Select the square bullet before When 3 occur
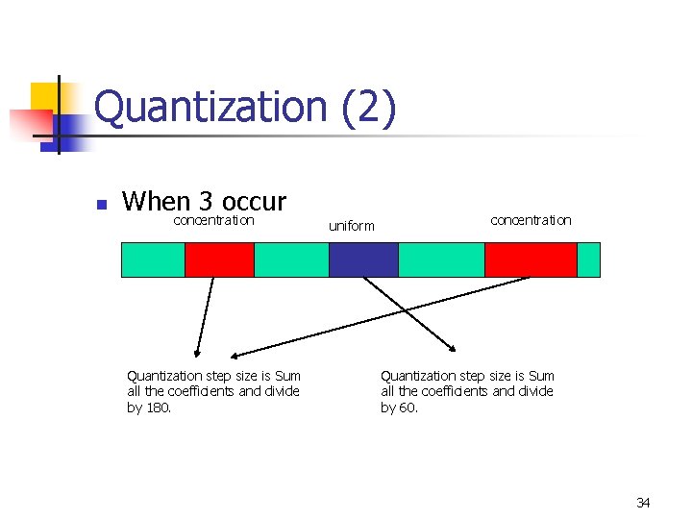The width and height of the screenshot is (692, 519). [x=99, y=204]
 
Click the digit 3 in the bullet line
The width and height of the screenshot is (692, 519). [x=206, y=202]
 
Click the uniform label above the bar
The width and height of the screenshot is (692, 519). [x=352, y=227]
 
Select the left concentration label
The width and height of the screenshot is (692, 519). [x=213, y=220]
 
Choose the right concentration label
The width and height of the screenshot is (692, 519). [x=531, y=220]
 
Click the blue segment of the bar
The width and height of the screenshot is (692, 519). [x=363, y=259]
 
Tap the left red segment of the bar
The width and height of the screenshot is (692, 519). [x=219, y=259]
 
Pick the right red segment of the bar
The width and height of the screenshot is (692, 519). [x=531, y=259]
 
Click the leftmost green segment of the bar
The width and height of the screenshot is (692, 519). [x=153, y=259]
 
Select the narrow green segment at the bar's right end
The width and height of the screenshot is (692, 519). [x=588, y=259]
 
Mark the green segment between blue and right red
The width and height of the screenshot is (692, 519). [x=441, y=259]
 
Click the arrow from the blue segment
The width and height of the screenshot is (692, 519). [x=408, y=313]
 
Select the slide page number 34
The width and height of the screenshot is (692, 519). [x=643, y=503]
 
